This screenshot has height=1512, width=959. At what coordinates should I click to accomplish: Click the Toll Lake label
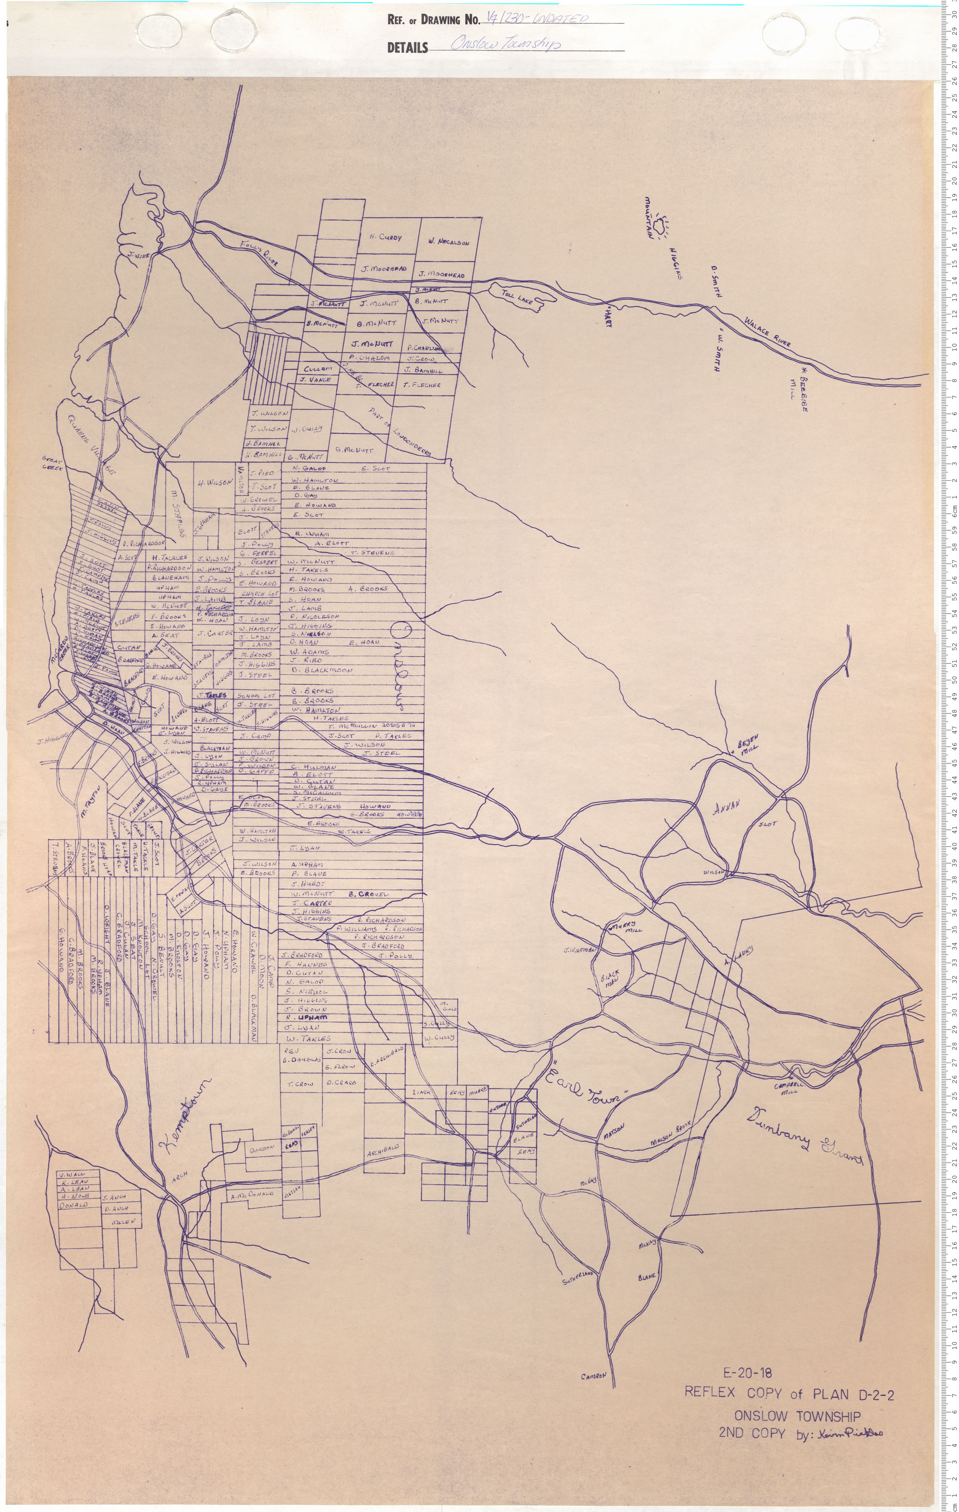[517, 297]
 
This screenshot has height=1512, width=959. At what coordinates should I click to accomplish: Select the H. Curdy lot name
[385, 237]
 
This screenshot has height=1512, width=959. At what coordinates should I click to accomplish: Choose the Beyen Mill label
[749, 743]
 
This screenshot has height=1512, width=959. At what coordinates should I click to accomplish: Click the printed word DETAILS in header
[407, 48]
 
